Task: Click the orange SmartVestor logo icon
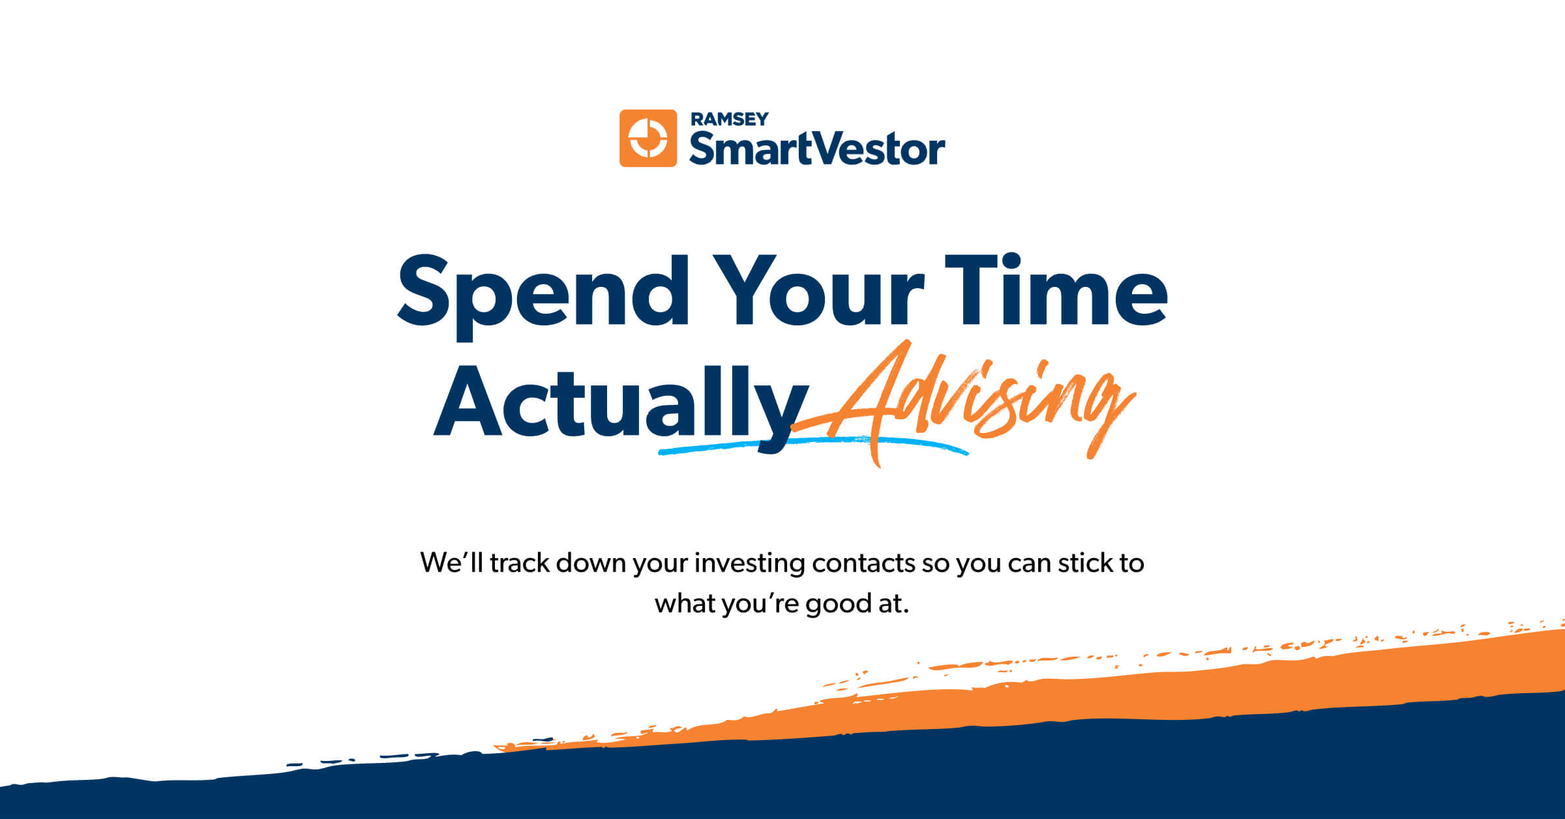click(648, 138)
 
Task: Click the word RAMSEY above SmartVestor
click(729, 119)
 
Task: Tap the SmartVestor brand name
click(817, 149)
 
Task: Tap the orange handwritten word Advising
click(978, 401)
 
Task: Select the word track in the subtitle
click(519, 563)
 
